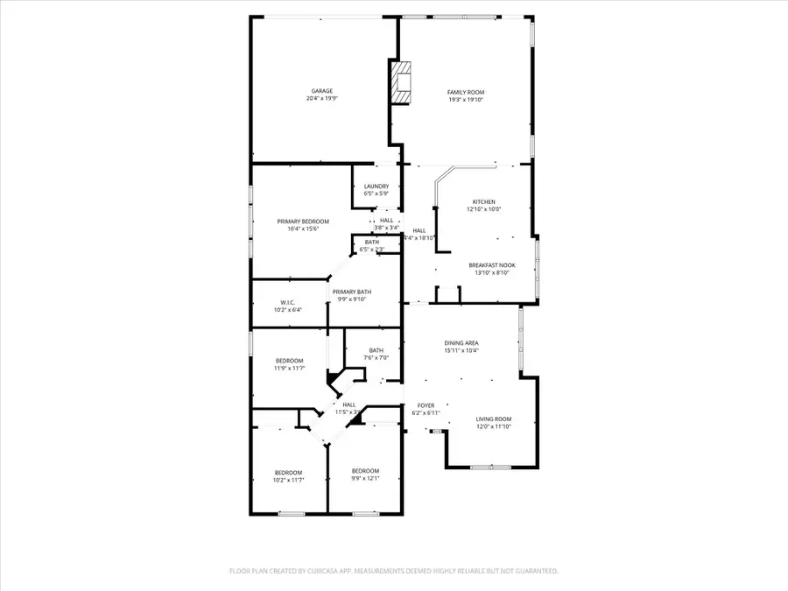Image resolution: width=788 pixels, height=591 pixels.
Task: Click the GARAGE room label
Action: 321,91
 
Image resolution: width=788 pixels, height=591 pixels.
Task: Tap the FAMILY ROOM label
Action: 465,92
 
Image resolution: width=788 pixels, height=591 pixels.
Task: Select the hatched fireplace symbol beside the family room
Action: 401,83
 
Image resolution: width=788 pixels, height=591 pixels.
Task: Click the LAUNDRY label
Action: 376,186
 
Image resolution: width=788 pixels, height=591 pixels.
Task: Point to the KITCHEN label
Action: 483,201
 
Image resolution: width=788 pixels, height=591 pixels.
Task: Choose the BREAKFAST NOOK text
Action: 491,265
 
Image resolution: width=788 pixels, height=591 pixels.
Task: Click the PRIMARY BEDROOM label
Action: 303,222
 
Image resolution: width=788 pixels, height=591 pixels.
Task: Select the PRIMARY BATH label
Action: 351,292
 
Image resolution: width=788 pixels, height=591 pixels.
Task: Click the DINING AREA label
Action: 461,343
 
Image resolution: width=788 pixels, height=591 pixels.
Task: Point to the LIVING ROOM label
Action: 494,419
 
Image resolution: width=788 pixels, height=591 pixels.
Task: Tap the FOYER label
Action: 426,405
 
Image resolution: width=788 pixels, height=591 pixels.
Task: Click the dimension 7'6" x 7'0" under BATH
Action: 376,357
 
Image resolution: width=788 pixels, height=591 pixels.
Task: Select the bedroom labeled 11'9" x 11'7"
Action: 290,364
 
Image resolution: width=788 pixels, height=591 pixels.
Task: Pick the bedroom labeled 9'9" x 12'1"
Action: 365,475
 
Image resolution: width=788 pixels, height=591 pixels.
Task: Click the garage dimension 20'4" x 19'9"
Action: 321,99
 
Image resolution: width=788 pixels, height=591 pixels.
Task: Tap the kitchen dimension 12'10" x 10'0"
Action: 483,209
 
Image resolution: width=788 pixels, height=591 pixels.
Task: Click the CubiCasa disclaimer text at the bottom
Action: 393,570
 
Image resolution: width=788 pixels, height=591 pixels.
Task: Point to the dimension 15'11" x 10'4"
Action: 461,351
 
